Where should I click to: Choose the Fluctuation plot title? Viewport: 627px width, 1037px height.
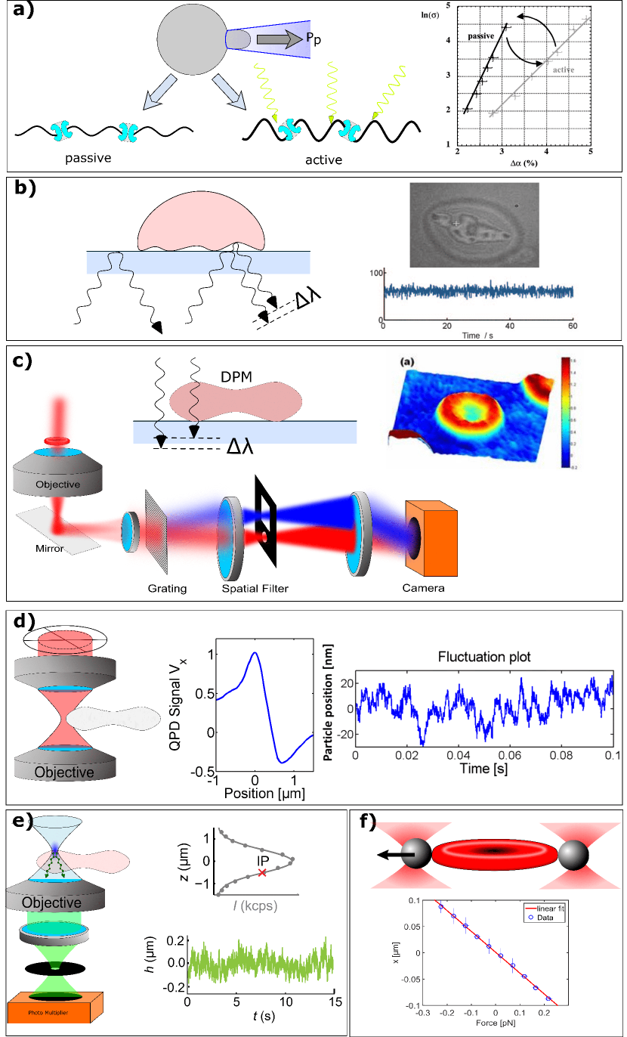coord(483,657)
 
